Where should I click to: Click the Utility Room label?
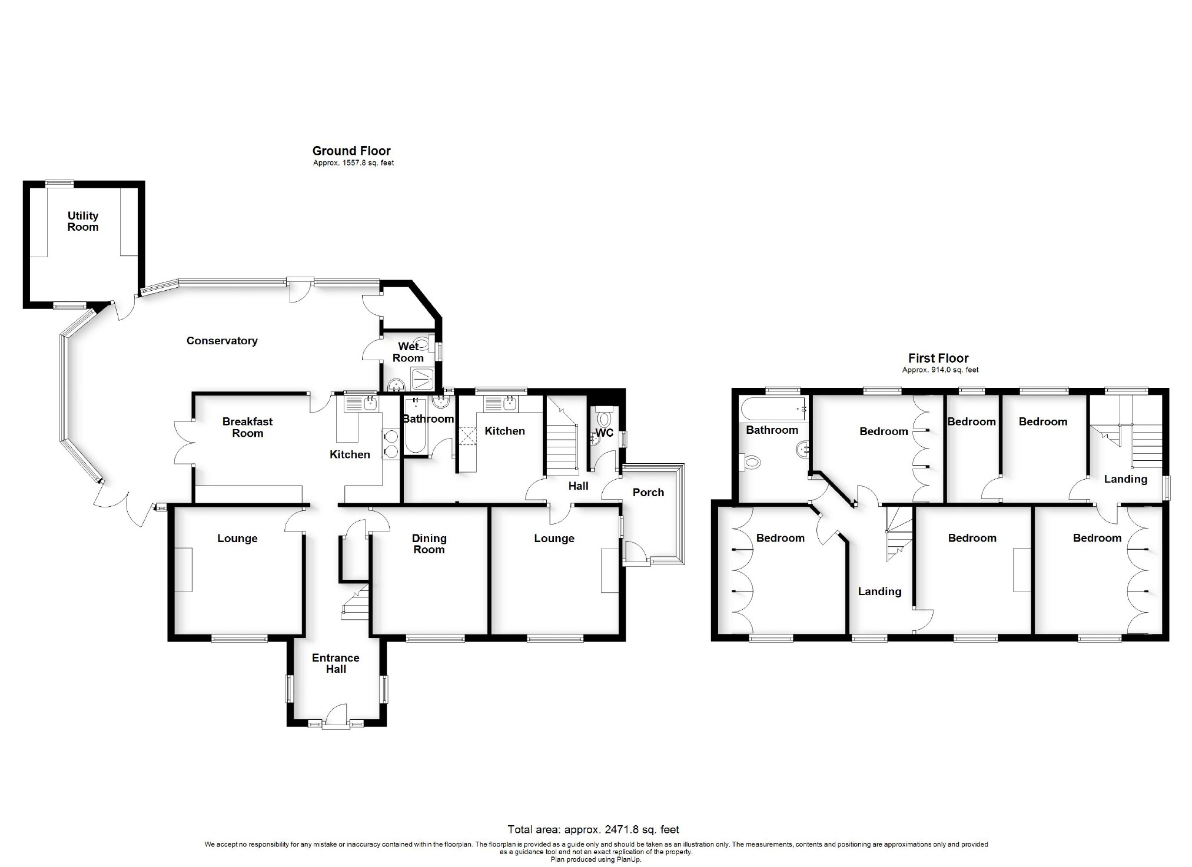pos(83,221)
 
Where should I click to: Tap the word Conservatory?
pos(222,341)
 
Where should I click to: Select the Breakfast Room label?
pos(248,427)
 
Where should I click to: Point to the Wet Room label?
pos(408,352)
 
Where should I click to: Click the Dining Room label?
pos(429,544)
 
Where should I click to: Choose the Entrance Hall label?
pos(336,663)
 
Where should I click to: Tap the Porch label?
pos(648,493)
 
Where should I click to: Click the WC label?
pos(605,433)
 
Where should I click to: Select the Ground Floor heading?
pos(351,151)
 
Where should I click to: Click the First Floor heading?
pos(938,358)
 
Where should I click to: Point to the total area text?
pos(593,829)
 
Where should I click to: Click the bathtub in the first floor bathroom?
pos(773,407)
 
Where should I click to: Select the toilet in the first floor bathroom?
pos(750,461)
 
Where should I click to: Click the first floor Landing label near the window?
pos(1125,479)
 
